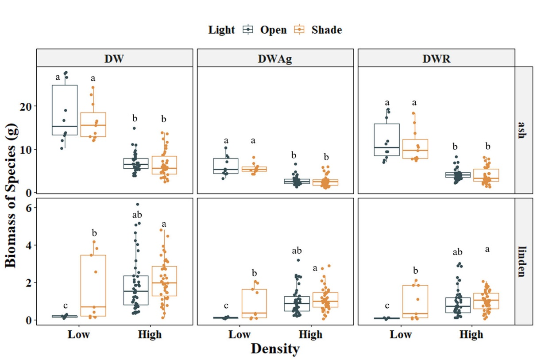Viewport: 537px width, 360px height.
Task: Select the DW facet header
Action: click(114, 58)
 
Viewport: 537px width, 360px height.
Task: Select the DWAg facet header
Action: click(275, 58)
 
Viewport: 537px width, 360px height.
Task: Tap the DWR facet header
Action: click(436, 58)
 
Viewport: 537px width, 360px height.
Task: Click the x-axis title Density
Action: click(275, 349)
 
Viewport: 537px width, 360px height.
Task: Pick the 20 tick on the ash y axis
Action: click(27, 106)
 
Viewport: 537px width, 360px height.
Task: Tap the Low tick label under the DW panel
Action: click(79, 334)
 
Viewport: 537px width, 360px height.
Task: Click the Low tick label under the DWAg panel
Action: click(240, 334)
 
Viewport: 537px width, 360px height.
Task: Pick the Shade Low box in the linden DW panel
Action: click(93, 286)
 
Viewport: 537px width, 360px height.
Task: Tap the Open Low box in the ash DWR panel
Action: click(387, 139)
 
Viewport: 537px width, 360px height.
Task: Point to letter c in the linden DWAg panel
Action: click(226, 306)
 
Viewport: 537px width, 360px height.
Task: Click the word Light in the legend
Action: click(221, 30)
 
